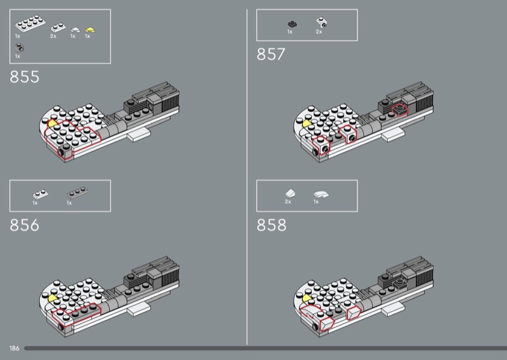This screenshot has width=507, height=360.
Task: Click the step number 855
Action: click(25, 77)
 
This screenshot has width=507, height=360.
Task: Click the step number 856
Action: click(25, 225)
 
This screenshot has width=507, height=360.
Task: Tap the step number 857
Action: click(271, 55)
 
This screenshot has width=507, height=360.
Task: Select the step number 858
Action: click(272, 225)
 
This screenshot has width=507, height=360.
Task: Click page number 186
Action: click(14, 349)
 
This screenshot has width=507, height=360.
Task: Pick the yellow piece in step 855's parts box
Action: click(90, 30)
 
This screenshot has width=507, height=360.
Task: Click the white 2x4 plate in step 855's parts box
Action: click(30, 23)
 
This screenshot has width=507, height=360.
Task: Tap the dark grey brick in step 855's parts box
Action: click(20, 48)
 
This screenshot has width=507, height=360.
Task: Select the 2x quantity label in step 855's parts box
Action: click(53, 36)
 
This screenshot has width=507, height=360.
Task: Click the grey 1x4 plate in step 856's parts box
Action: click(77, 193)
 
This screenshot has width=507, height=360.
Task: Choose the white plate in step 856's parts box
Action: click(41, 194)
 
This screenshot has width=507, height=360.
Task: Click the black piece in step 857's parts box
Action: click(292, 24)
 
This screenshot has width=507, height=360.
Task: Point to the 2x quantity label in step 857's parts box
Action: click(319, 32)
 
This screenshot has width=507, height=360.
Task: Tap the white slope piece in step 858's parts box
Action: click(290, 193)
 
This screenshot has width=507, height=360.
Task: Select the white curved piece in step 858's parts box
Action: click(321, 194)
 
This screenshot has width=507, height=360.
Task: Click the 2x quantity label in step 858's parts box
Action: click(288, 202)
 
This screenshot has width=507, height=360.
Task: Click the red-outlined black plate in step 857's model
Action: click(400, 110)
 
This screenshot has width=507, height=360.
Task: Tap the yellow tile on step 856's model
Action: click(52, 298)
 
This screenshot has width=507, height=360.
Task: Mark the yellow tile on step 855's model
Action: click(52, 124)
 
